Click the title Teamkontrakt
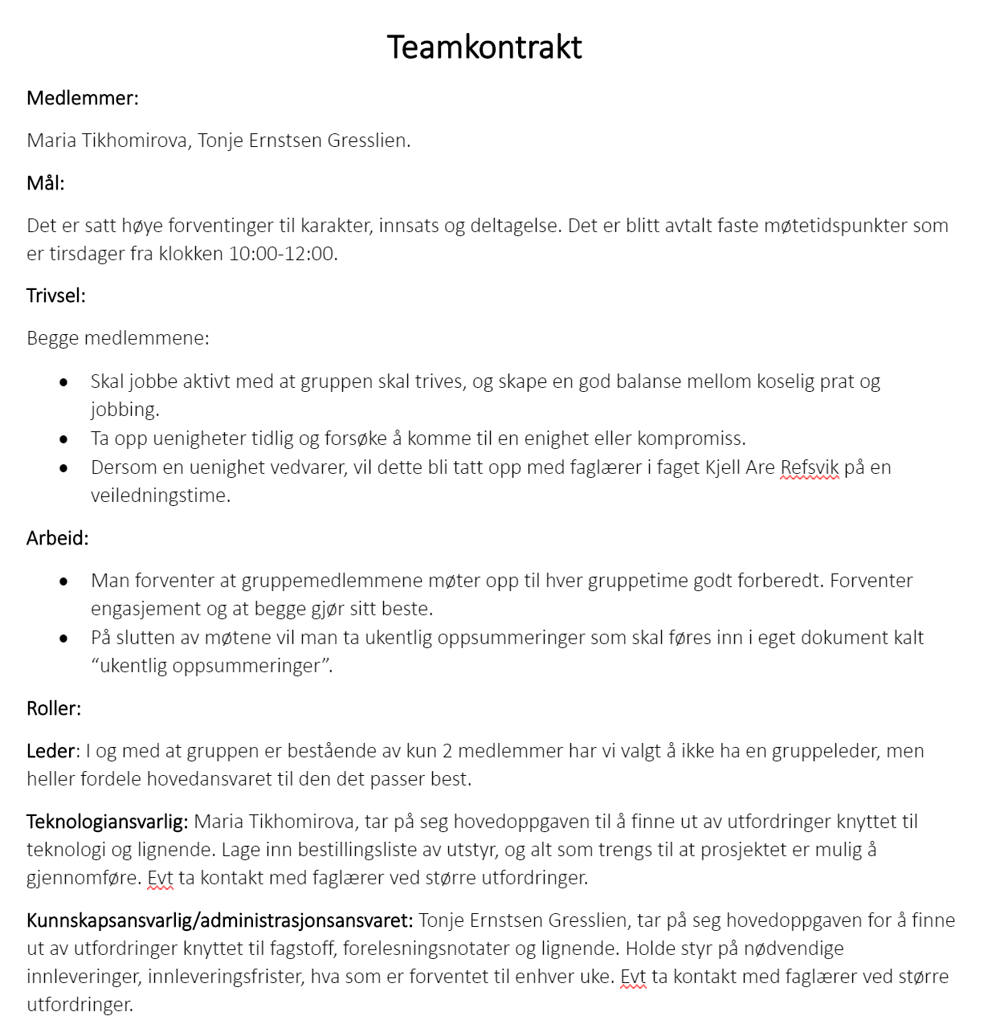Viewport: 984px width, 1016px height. [x=484, y=47]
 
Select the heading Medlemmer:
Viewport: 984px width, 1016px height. [x=83, y=98]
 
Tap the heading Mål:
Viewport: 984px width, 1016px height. [x=46, y=183]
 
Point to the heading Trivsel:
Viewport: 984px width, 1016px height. [x=56, y=296]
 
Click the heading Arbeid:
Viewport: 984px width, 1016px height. [x=58, y=538]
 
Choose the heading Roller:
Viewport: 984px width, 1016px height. [x=54, y=708]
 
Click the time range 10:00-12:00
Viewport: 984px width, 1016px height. [x=281, y=254]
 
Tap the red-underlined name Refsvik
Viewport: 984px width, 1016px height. [x=810, y=467]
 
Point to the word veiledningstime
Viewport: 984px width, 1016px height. [x=160, y=496]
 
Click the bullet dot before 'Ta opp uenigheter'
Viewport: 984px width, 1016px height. [x=64, y=439]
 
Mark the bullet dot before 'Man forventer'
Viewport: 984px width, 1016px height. [x=64, y=581]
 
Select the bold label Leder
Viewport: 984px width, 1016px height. [x=51, y=751]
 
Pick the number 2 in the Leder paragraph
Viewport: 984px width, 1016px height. [x=447, y=751]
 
